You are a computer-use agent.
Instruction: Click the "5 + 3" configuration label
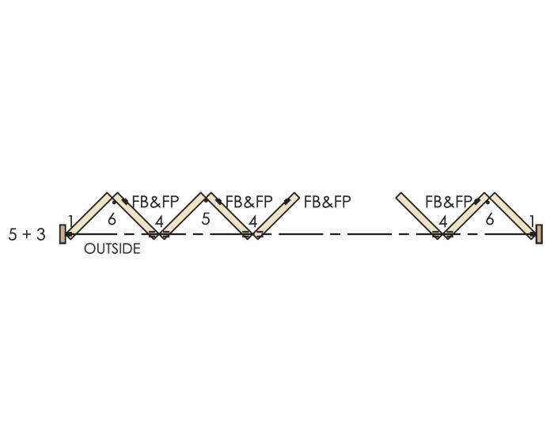click(27, 235)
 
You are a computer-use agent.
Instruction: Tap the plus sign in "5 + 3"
click(26, 235)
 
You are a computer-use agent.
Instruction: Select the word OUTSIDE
click(112, 249)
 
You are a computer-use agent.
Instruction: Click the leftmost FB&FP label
click(155, 202)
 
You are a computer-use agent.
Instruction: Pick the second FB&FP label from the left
click(249, 202)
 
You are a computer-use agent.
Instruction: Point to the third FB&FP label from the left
click(328, 202)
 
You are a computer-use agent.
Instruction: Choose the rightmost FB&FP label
click(449, 202)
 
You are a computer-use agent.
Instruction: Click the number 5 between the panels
click(205, 219)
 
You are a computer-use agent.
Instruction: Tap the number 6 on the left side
click(112, 219)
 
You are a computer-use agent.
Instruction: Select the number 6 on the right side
click(490, 219)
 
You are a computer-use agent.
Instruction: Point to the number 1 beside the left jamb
click(70, 221)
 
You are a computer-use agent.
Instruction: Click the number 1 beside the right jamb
click(531, 221)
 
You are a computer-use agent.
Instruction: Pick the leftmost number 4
click(159, 221)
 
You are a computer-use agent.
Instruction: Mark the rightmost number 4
click(442, 221)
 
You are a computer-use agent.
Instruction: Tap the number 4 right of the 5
click(253, 221)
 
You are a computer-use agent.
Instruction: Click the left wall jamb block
click(63, 234)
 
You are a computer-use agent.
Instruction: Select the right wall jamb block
click(539, 234)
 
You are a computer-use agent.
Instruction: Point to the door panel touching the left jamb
click(89, 215)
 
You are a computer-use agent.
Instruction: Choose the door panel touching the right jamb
click(513, 215)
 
